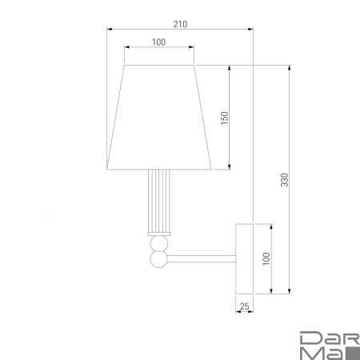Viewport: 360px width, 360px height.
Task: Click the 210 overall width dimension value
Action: click(x=180, y=24)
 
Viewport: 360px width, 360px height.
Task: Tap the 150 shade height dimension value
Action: click(x=225, y=118)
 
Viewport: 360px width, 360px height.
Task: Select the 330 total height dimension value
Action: click(x=285, y=180)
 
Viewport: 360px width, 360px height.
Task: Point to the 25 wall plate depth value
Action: click(x=244, y=306)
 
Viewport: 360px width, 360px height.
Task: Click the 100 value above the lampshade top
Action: click(x=158, y=42)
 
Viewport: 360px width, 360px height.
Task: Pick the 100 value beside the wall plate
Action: click(x=266, y=258)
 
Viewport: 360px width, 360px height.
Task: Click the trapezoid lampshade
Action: click(x=159, y=118)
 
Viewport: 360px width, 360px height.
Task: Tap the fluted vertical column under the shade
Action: click(x=159, y=201)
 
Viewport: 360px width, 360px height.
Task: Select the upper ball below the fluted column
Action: click(x=159, y=244)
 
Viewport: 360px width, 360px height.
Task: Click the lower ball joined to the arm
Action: click(x=159, y=259)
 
